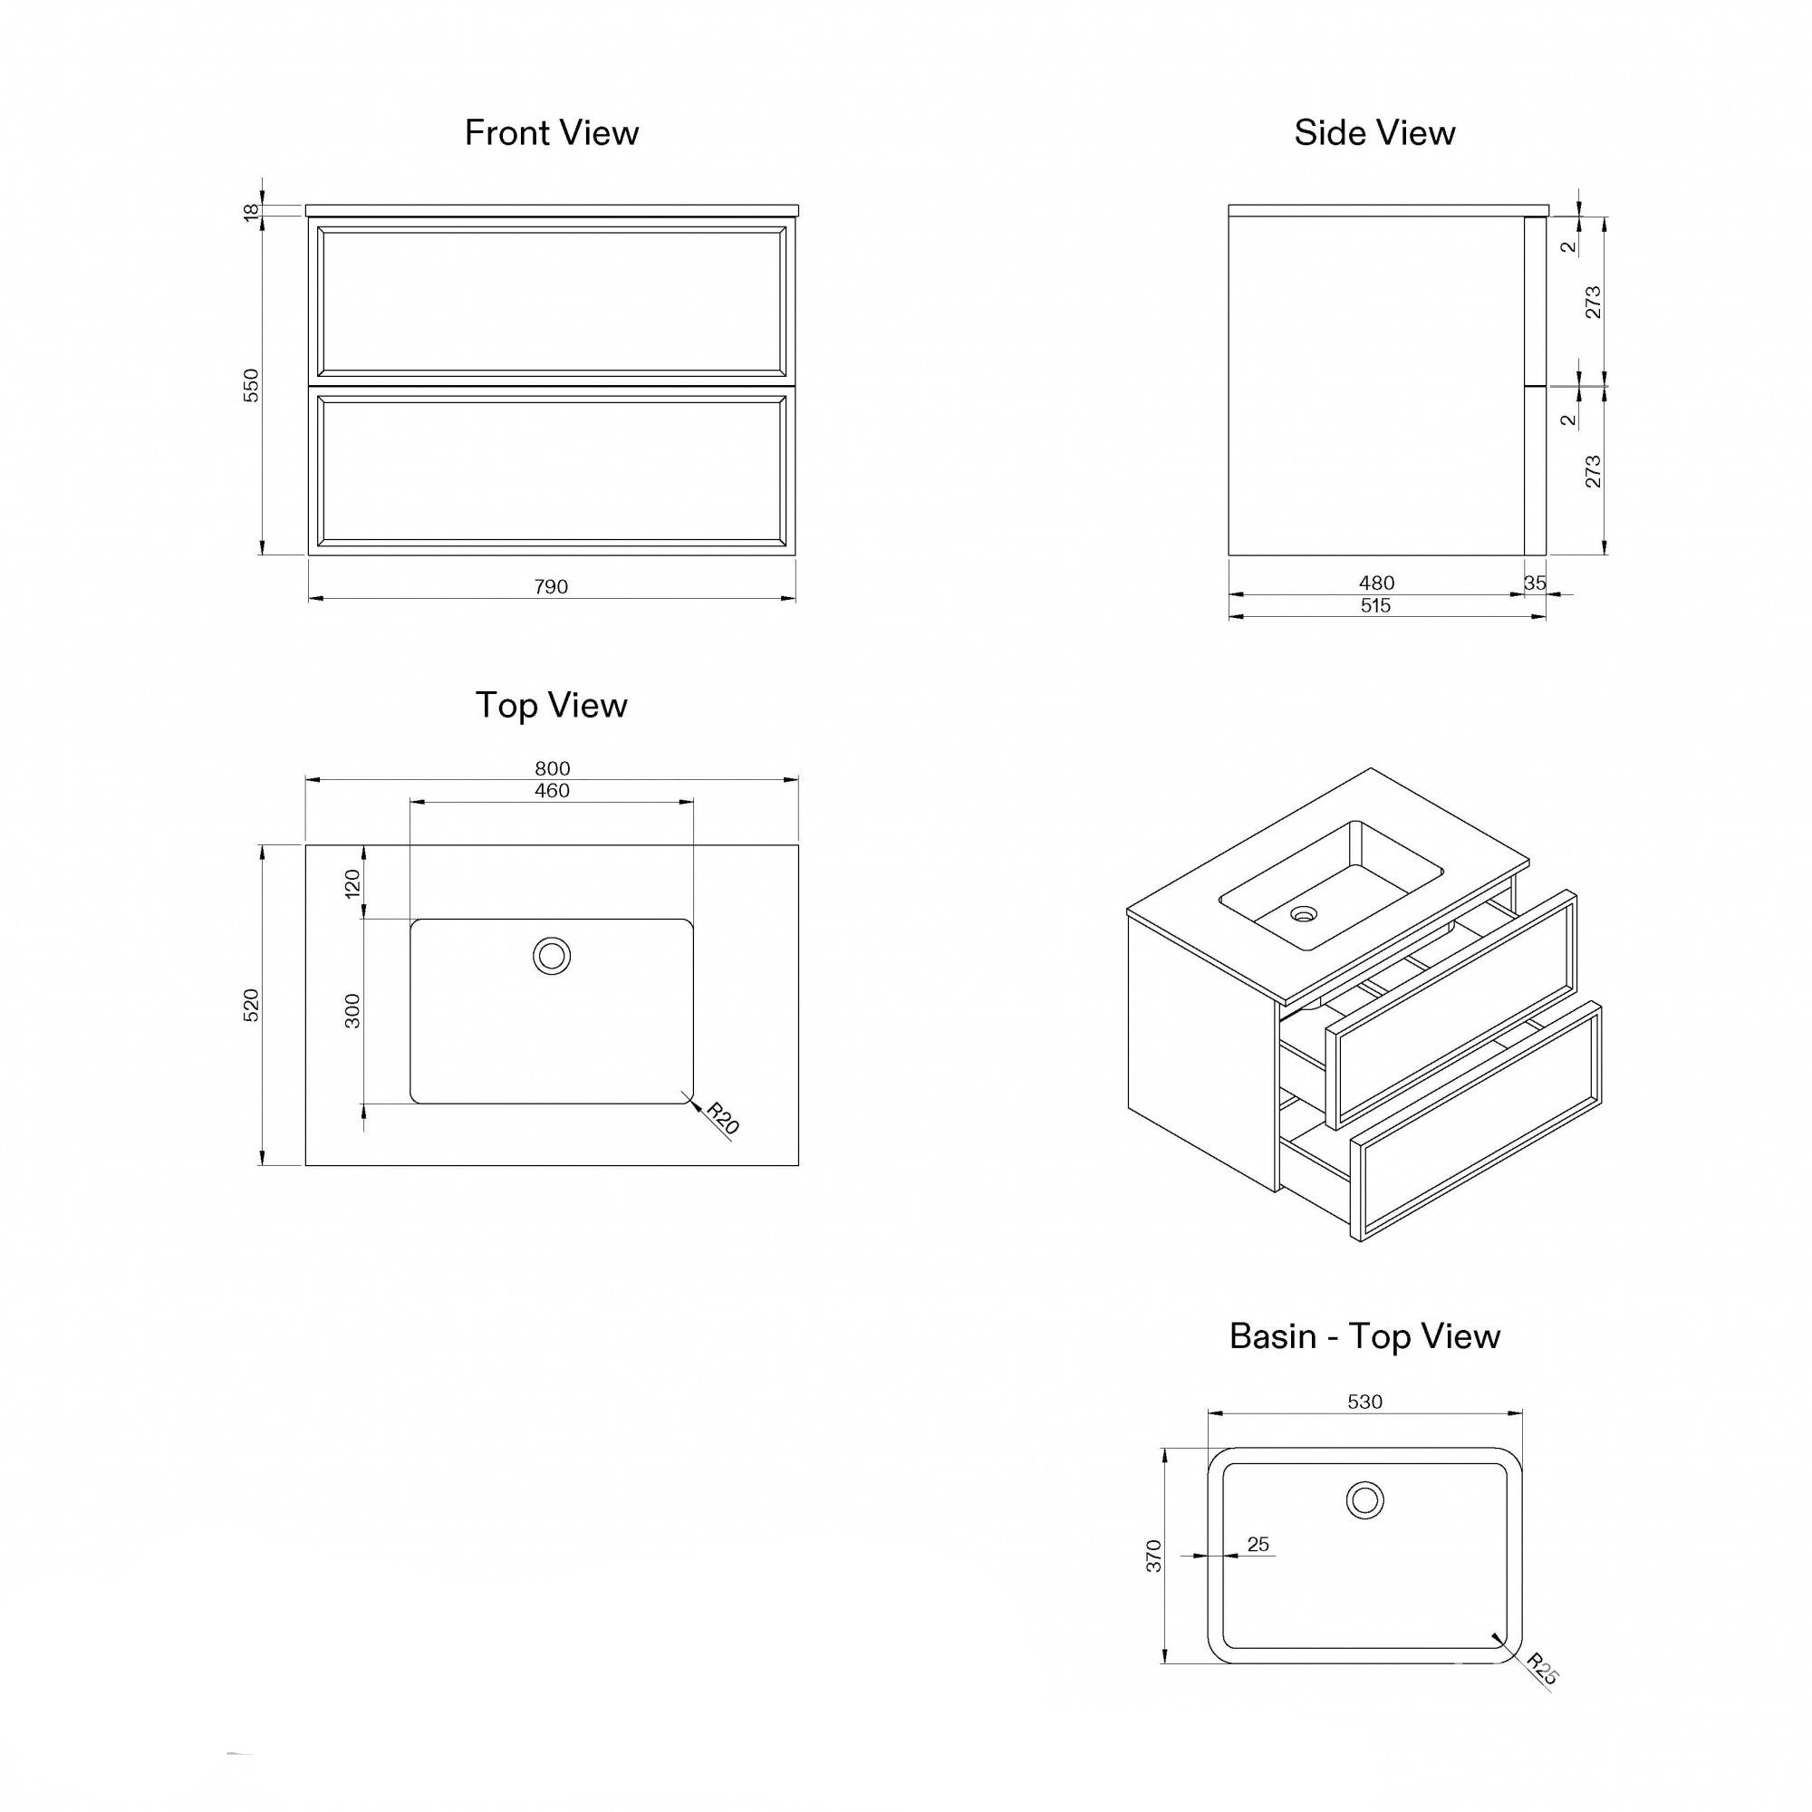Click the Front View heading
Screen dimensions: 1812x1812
(x=552, y=133)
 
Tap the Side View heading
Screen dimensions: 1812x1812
(x=1374, y=133)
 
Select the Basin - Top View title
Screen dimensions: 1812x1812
(x=1364, y=1336)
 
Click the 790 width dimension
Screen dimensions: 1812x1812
(x=552, y=587)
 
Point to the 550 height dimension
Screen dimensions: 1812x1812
(x=251, y=385)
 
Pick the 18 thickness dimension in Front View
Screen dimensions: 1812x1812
(x=251, y=212)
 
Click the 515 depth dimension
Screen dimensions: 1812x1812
(x=1375, y=606)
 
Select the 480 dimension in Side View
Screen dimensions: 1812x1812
(x=1376, y=583)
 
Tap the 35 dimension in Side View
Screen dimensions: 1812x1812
(x=1535, y=583)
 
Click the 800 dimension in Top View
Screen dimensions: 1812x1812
(x=552, y=768)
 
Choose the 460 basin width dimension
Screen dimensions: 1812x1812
(x=552, y=791)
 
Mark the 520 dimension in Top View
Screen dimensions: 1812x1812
(x=251, y=1005)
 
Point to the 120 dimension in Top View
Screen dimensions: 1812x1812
(x=352, y=882)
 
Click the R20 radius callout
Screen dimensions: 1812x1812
(x=723, y=1119)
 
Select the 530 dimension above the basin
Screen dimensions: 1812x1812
(x=1364, y=1402)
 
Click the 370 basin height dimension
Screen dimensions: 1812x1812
(x=1153, y=1555)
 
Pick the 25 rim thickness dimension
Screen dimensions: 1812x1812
(x=1258, y=1544)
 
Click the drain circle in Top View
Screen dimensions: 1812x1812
(x=552, y=957)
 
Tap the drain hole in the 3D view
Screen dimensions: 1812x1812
(x=1304, y=913)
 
